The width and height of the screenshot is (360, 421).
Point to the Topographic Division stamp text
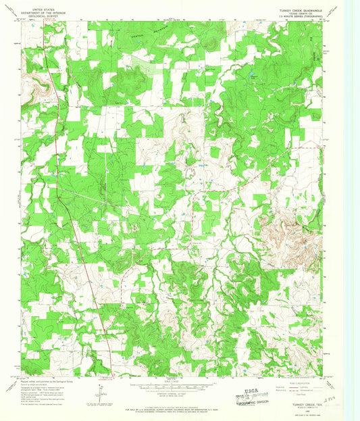click(257, 397)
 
